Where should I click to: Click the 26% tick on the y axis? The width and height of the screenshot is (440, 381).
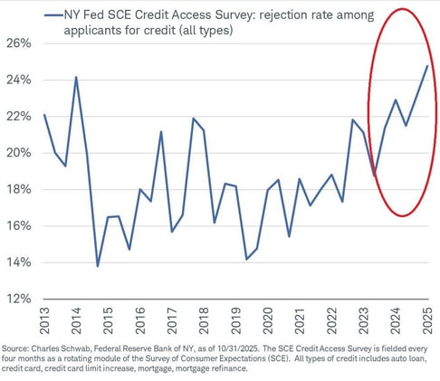(19, 43)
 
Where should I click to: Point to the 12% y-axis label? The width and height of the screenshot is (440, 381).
(19, 299)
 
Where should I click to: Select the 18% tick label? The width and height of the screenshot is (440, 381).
(19, 189)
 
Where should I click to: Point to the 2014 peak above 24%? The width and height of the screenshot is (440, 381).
(76, 77)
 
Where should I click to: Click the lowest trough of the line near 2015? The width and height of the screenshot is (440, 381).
(98, 267)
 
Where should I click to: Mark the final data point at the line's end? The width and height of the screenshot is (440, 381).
(428, 65)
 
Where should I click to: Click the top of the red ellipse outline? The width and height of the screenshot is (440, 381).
(406, 7)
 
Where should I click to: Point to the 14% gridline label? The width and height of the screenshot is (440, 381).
(19, 262)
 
